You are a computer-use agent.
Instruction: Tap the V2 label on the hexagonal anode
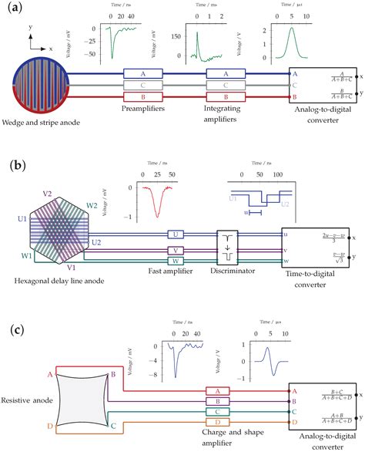tap(47, 194)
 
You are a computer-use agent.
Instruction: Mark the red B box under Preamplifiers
tap(144, 97)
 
